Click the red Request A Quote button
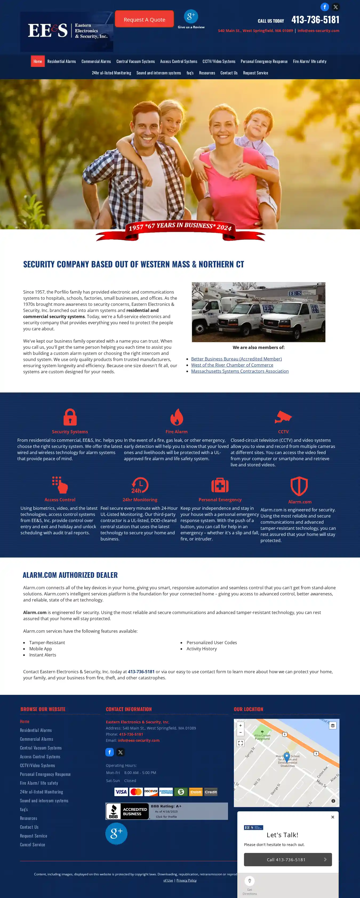point(144,19)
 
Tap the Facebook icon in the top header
point(325,7)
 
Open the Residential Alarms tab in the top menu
point(62,61)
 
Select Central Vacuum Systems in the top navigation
point(135,61)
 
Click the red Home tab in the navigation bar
point(38,61)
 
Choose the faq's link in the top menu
point(190,73)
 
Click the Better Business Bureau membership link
point(236,359)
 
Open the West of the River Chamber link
point(232,365)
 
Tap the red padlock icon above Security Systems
point(70,417)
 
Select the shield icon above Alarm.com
point(299,486)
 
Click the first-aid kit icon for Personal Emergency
point(220,485)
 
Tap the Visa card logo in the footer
point(121,792)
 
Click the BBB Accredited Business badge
point(127,811)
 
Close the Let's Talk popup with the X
point(333,817)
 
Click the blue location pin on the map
point(286,756)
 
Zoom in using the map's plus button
point(241,725)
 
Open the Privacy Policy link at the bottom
point(186,880)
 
